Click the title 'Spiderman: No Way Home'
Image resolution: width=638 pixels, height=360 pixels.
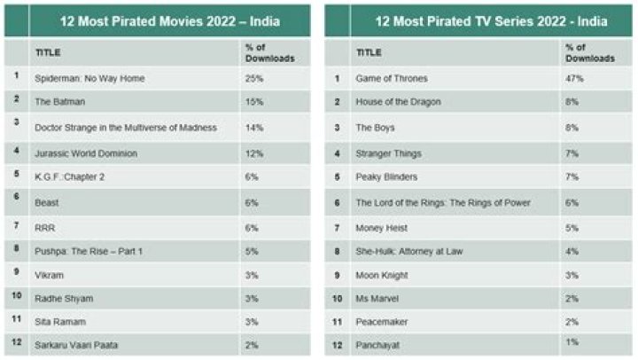click(89, 78)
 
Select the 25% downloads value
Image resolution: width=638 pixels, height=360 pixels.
click(251, 78)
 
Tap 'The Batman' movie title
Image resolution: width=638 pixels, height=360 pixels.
click(60, 102)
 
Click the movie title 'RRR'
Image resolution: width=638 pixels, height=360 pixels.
click(45, 227)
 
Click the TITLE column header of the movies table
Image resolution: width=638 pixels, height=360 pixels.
click(47, 52)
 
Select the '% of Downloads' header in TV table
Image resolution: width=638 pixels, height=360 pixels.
click(589, 52)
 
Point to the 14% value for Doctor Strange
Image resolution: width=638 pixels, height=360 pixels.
click(251, 128)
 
